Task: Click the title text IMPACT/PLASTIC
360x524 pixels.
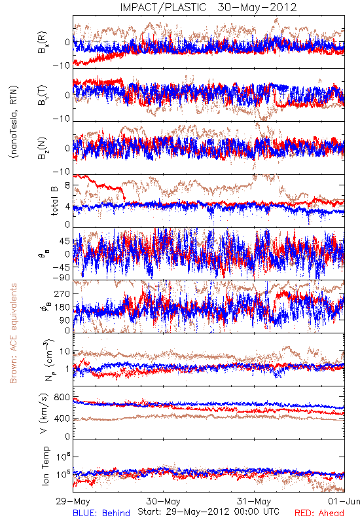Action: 163,7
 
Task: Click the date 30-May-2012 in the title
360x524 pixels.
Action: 257,7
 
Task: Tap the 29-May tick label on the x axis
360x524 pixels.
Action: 73,501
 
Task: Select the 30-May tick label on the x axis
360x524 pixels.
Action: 163,501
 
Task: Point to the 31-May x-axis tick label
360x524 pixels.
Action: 254,501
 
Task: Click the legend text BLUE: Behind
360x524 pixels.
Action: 101,513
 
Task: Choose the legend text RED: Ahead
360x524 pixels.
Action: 319,513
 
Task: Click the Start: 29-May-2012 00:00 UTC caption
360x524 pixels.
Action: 208,512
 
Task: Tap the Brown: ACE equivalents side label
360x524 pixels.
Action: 13,333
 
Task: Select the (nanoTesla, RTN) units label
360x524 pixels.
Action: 14,122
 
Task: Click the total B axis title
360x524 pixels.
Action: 54,201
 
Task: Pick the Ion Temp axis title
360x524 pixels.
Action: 45,466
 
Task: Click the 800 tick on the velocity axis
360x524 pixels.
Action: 63,398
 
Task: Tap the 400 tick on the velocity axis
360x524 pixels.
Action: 63,419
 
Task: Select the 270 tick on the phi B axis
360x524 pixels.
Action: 63,293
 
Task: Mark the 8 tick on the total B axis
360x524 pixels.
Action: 67,185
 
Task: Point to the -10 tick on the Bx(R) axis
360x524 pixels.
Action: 61,65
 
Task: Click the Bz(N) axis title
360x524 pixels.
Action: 43,148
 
